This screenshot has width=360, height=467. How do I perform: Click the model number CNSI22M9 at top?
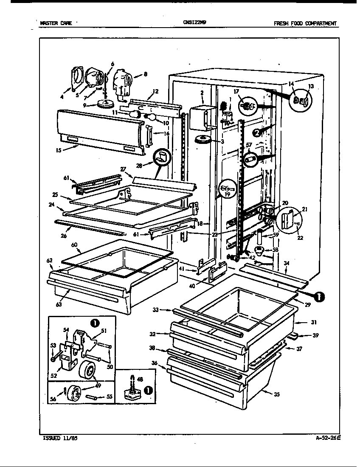click(x=194, y=23)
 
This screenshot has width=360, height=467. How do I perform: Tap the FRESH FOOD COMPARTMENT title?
click(x=305, y=23)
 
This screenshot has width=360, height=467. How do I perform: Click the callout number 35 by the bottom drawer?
click(x=277, y=394)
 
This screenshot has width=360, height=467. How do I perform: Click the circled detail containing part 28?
click(x=161, y=158)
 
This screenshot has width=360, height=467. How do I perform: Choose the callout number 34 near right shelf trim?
click(x=287, y=263)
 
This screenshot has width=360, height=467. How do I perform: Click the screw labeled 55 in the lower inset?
click(x=94, y=397)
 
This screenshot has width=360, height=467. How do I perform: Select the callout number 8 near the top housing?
click(x=145, y=74)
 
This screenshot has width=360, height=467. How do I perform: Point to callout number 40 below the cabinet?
click(x=192, y=286)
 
